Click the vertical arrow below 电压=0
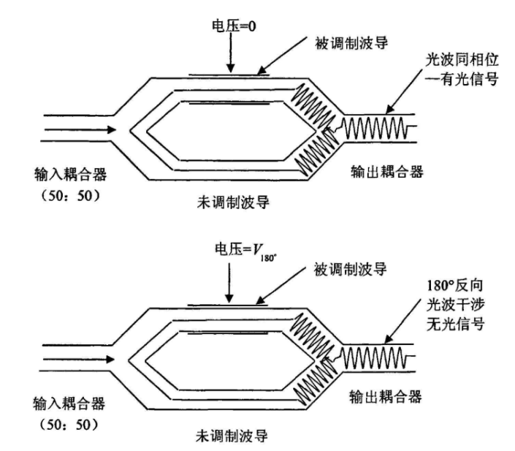pyautogui.click(x=229, y=56)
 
